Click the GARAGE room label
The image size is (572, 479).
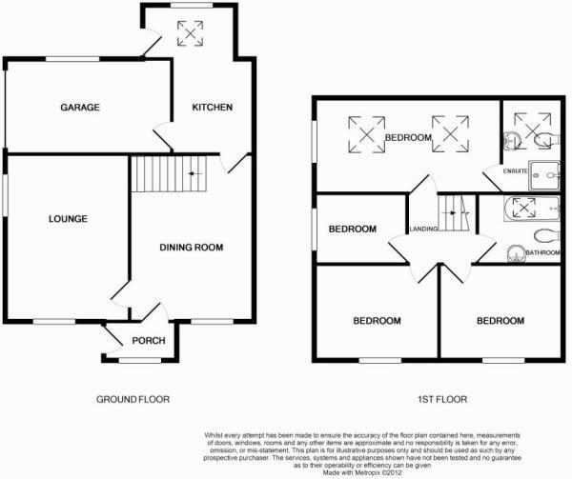(x=81, y=108)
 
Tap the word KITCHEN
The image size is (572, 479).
(x=212, y=108)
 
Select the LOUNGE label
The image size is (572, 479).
(x=68, y=219)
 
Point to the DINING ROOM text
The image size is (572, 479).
(x=191, y=248)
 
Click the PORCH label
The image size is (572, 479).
(x=149, y=341)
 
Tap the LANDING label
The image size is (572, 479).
(x=424, y=229)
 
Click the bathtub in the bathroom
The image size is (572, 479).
(x=532, y=209)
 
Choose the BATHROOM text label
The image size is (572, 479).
(x=541, y=252)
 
